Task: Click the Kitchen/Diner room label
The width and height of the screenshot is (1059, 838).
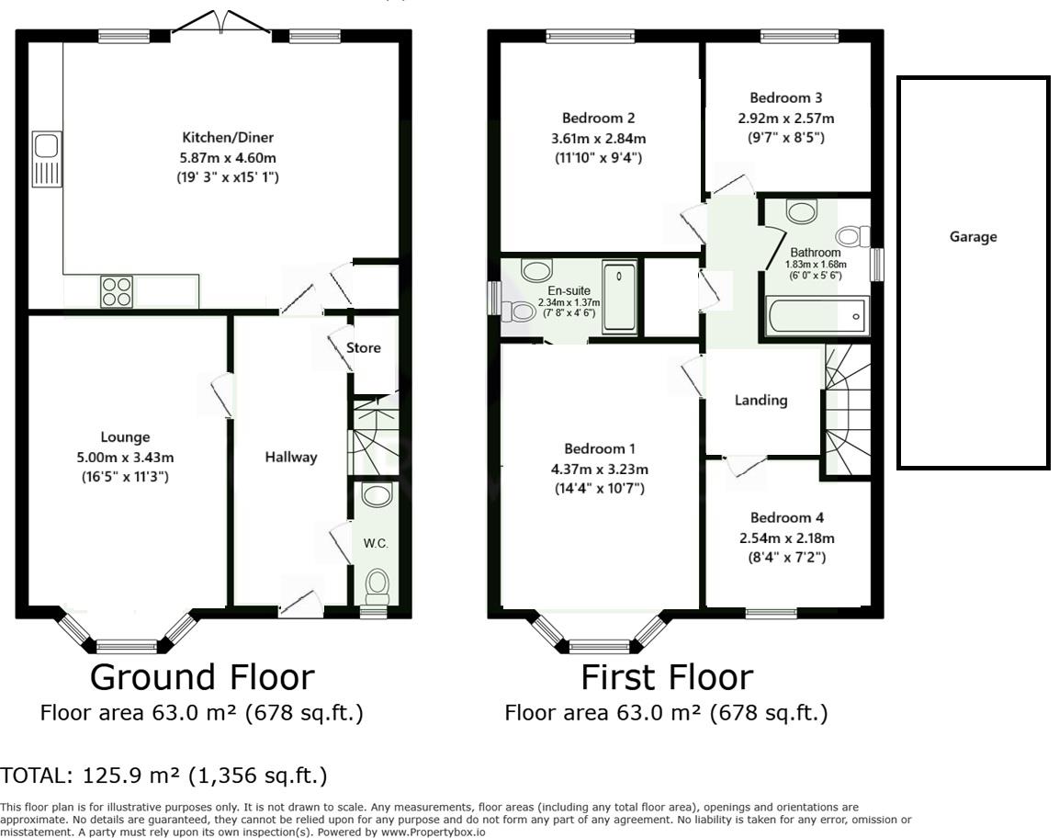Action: [228, 137]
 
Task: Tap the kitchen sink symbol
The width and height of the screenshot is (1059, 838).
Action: [47, 160]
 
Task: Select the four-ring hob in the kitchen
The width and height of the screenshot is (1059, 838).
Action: [116, 292]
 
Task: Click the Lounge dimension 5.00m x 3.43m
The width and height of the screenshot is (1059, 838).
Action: [125, 458]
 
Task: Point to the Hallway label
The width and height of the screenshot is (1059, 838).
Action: [290, 458]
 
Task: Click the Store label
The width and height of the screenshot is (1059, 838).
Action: [364, 348]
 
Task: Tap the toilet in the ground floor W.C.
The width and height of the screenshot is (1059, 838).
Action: [377, 586]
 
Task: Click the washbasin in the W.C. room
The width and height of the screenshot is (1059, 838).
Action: [377, 494]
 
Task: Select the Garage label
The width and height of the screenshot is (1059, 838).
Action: [974, 237]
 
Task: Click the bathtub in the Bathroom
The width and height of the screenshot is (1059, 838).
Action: [816, 315]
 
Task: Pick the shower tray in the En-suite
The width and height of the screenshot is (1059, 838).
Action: [620, 298]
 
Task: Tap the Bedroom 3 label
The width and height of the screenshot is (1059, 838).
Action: [786, 98]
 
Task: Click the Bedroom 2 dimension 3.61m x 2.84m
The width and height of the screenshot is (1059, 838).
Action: [599, 140]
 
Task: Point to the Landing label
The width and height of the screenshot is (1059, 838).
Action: [761, 401]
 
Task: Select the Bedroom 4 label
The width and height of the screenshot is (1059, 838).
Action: [787, 518]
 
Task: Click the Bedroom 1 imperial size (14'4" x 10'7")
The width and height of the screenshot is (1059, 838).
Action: [600, 488]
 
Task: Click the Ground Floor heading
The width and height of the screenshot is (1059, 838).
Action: [203, 677]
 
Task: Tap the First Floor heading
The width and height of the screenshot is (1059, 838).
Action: [668, 677]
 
